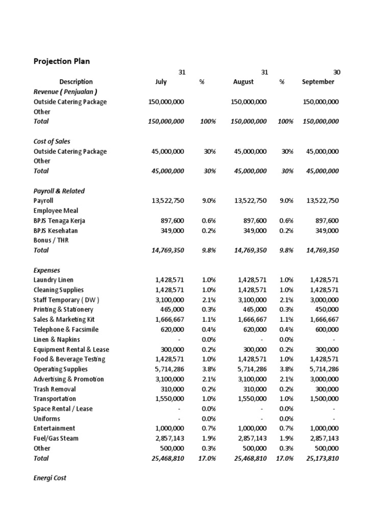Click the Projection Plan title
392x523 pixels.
(x=61, y=61)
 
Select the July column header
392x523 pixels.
(x=161, y=82)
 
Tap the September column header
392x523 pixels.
(x=318, y=82)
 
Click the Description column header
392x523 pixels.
(x=76, y=82)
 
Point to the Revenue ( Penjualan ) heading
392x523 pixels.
(x=65, y=92)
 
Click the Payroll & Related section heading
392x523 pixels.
(x=59, y=191)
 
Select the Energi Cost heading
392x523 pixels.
(x=50, y=478)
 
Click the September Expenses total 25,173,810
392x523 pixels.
(x=321, y=458)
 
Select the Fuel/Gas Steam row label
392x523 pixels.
(x=55, y=438)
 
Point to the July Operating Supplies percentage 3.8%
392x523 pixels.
(x=209, y=369)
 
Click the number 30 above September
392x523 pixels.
(x=336, y=73)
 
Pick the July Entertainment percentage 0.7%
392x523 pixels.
(x=209, y=428)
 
